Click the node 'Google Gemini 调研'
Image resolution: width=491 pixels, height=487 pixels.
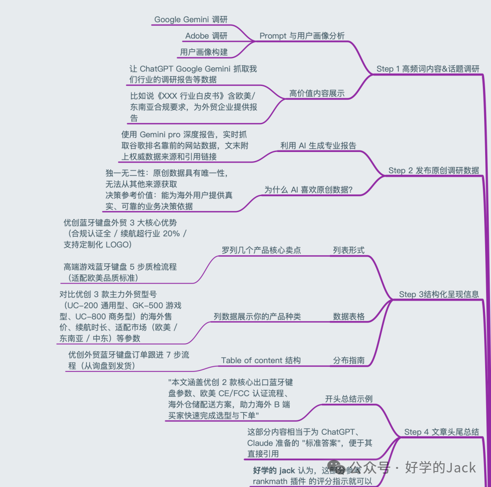[x=190, y=20]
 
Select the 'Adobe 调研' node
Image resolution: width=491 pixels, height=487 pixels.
[x=206, y=36]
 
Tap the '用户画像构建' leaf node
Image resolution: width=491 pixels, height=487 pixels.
[x=204, y=52]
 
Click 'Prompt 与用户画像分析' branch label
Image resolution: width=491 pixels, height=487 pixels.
[x=302, y=36]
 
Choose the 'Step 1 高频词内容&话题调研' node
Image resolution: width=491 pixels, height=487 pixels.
[x=428, y=69]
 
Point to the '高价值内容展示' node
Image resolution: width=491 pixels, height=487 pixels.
[x=317, y=94]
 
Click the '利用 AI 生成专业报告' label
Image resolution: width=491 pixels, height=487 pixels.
[x=318, y=146]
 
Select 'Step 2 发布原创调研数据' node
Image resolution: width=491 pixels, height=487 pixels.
[x=433, y=171]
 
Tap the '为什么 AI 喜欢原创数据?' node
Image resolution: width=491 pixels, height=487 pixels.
[x=308, y=190]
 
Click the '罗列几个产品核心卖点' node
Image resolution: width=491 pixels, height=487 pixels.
[x=261, y=250]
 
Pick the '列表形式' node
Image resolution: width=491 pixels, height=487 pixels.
[x=348, y=250]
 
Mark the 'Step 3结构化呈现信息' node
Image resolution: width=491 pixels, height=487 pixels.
[x=439, y=294]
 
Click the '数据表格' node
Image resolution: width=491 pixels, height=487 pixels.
[x=349, y=317]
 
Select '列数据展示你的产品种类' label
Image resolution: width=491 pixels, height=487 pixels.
[x=257, y=317]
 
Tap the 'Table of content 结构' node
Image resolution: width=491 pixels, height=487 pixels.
[x=261, y=360]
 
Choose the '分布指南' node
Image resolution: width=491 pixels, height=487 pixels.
[x=349, y=360]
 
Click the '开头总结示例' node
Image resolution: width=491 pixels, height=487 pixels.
[x=348, y=399]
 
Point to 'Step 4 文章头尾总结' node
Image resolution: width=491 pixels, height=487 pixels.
[x=441, y=432]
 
